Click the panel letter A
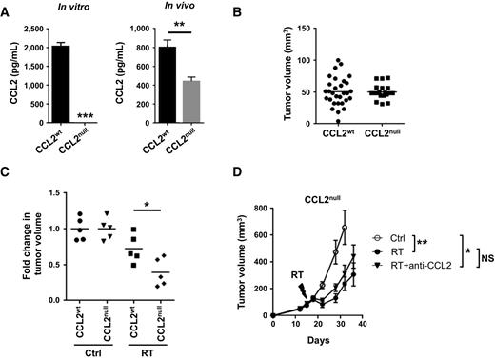7,9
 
